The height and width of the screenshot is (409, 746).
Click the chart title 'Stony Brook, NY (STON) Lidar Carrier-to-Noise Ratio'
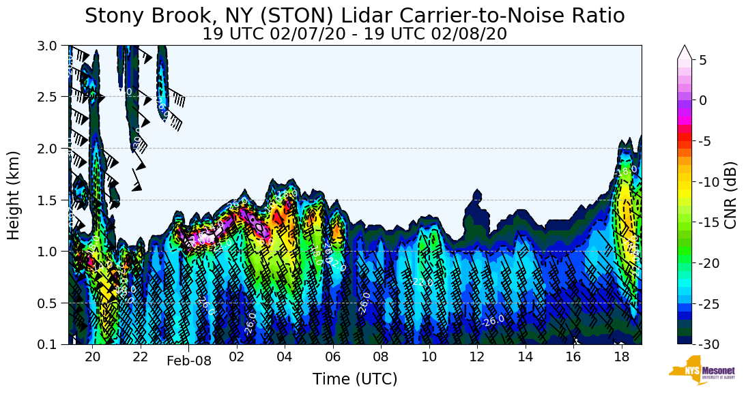tap(354, 16)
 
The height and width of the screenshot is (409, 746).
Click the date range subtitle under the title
tap(354, 34)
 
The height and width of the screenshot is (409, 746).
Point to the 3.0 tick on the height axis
tap(51, 46)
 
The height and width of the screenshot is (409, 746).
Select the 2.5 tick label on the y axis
tap(51, 97)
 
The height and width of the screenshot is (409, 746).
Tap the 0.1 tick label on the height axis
tap(51, 344)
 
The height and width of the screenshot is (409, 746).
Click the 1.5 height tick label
tap(51, 200)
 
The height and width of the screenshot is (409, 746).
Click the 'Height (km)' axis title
tap(14, 195)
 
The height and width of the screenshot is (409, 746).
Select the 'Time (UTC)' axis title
tap(354, 379)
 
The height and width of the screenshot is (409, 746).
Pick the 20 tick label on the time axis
tap(93, 357)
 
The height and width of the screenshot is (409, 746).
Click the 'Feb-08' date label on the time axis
tap(189, 361)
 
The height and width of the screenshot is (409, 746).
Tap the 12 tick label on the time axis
tap(477, 357)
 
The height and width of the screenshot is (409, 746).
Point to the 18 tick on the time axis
tap(621, 357)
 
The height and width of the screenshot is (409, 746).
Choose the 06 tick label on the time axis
tap(333, 357)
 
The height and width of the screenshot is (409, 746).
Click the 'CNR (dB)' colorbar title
tap(730, 195)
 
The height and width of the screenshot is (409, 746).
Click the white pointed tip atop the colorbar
tap(685, 52)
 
